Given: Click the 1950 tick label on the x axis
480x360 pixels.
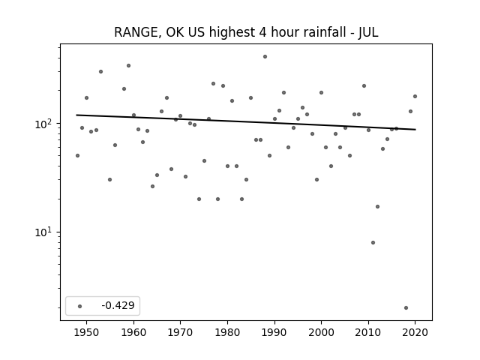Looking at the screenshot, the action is [x=87, y=332].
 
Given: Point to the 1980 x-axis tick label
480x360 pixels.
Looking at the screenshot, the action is [x=227, y=332].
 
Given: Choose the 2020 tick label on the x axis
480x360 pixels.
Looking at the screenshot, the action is [x=415, y=332].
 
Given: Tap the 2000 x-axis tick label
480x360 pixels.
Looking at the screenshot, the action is [x=321, y=332].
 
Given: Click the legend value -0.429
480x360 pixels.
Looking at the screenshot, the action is [x=118, y=305].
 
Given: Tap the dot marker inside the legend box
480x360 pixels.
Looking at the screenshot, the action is [x=80, y=306].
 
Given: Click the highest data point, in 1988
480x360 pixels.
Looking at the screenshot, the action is [x=265, y=57].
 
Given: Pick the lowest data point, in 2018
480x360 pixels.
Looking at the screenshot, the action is [x=406, y=308].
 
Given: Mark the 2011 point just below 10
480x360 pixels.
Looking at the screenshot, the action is [x=373, y=243].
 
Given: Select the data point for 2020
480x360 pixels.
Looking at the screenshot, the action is [x=415, y=97].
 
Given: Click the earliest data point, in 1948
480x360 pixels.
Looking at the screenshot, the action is [x=77, y=156].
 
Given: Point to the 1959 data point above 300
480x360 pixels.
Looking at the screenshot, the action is [x=128, y=66].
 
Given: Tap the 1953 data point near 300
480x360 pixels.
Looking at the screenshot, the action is [x=100, y=72].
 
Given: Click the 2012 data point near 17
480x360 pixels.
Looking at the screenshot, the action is [x=377, y=207].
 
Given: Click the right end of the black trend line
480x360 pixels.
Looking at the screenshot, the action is [x=415, y=130].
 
